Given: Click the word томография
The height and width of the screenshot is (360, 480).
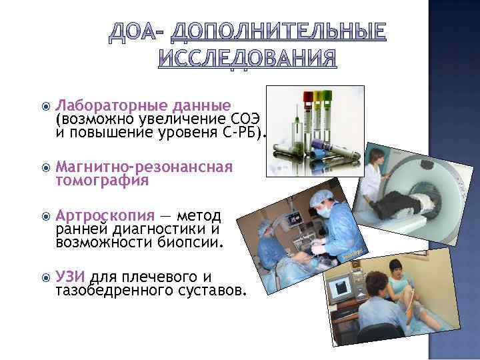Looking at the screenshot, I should point(102,180).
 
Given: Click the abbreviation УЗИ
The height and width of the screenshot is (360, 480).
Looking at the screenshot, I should point(71,277).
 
